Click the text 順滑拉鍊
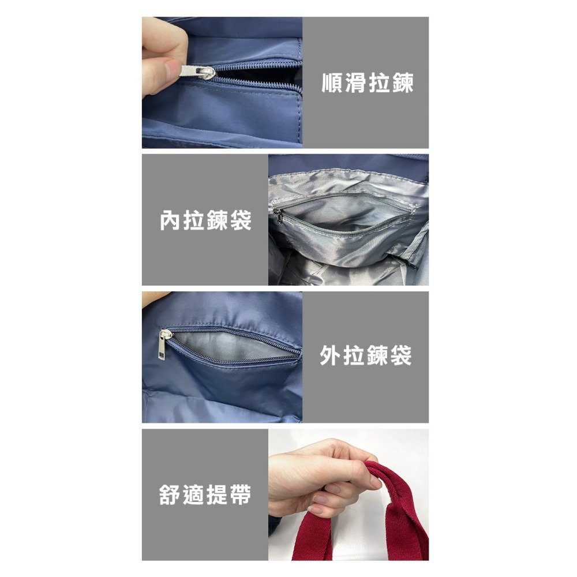[x=367, y=83]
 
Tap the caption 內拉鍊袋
[x=206, y=220]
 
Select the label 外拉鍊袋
[x=365, y=355]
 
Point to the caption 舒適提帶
[x=205, y=494]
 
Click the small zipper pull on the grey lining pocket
[x=278, y=216]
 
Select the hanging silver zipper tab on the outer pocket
[x=163, y=345]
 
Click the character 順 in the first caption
[x=333, y=83]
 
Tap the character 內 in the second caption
[x=171, y=220]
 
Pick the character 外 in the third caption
[x=331, y=355]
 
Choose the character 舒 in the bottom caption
[x=170, y=494]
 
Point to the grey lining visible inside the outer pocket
[x=232, y=346]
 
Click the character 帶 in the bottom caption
[x=240, y=494]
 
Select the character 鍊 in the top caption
[x=403, y=83]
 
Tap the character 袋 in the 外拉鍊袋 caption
[x=400, y=355]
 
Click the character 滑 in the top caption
[x=356, y=83]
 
